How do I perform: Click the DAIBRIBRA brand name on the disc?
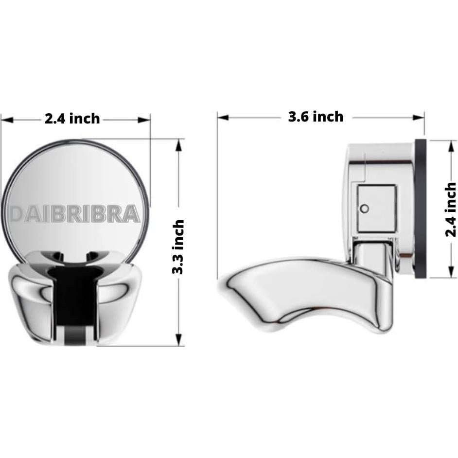[75, 214]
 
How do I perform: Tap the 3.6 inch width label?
[316, 117]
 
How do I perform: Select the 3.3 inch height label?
[179, 247]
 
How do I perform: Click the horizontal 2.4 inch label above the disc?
[72, 119]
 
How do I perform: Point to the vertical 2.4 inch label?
[451, 210]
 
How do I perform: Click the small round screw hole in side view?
[365, 209]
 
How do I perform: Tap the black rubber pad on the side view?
[421, 209]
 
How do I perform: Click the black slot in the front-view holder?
[75, 297]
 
